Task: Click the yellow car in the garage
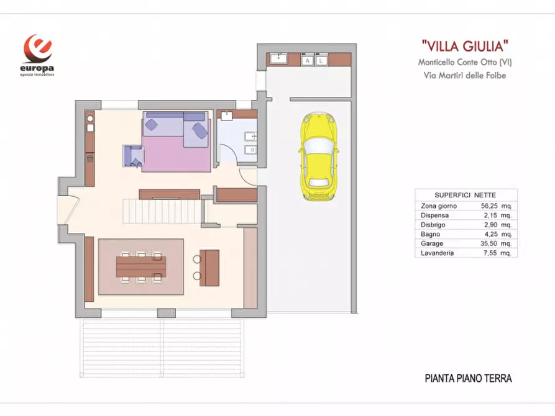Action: (x=318, y=156)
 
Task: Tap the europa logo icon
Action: (x=38, y=48)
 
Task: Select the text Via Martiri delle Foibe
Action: (x=462, y=76)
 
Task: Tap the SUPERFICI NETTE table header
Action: (x=466, y=194)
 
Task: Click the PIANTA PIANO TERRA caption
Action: (x=469, y=378)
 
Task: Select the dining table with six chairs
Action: (x=141, y=267)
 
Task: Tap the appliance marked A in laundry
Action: (x=307, y=61)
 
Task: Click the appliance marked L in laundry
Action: (x=321, y=61)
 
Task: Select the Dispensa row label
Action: (x=434, y=215)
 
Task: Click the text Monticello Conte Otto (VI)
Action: (x=465, y=62)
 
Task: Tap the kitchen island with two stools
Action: (x=210, y=267)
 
